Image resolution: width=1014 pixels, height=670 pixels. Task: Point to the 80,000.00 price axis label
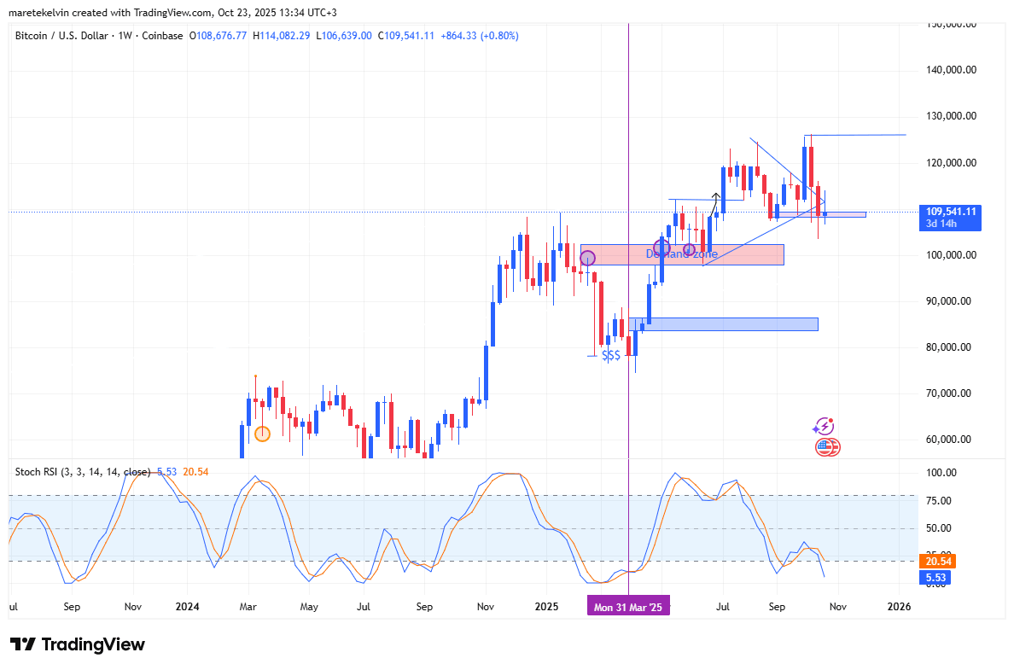coord(950,347)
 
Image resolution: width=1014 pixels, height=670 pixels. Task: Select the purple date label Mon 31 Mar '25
coord(628,607)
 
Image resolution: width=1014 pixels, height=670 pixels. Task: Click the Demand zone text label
coord(681,253)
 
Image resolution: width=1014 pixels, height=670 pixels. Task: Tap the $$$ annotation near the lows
coord(611,356)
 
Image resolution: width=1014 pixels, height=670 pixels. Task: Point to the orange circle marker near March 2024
coord(262,434)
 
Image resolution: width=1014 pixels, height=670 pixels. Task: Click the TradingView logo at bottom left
coord(78,644)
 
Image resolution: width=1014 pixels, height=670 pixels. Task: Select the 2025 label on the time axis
coord(546,607)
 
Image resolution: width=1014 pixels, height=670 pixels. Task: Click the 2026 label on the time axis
coord(899,607)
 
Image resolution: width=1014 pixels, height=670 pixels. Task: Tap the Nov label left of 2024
coord(132,607)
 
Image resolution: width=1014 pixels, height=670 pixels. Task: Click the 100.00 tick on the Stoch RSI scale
coord(942,473)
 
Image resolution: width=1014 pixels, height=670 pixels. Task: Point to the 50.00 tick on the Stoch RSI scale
coord(942,528)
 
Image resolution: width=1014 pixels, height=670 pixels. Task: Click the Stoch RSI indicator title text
coord(82,471)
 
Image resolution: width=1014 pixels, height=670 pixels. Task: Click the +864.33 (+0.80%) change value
coord(479,35)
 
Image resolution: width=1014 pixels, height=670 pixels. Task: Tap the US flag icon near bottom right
coord(825,446)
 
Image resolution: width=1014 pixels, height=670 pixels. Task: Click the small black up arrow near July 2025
coord(715,199)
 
